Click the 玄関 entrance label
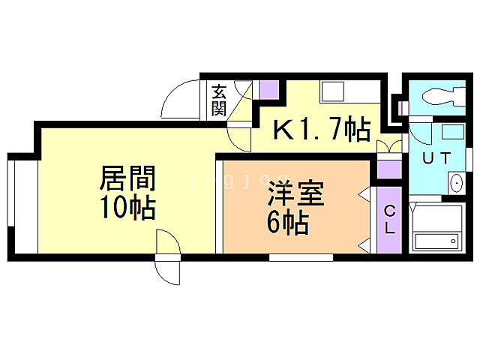pos(219,100)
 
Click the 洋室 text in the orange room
pos(296,196)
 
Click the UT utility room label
pos(436,158)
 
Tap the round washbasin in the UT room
pos(456,182)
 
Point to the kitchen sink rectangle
pos(331,92)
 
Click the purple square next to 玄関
pos(268,91)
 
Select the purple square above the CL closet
pos(389,168)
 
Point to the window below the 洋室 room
pos(301,257)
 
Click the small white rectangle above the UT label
pos(451,131)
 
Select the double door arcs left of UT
pos(390,146)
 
